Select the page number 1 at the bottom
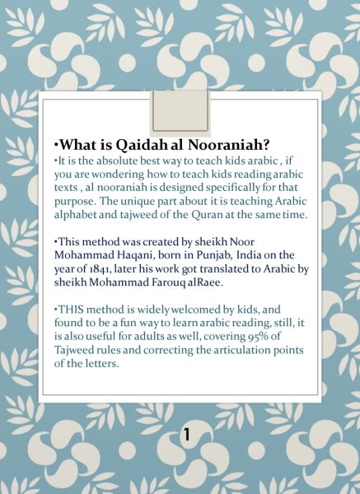coord(186,435)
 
